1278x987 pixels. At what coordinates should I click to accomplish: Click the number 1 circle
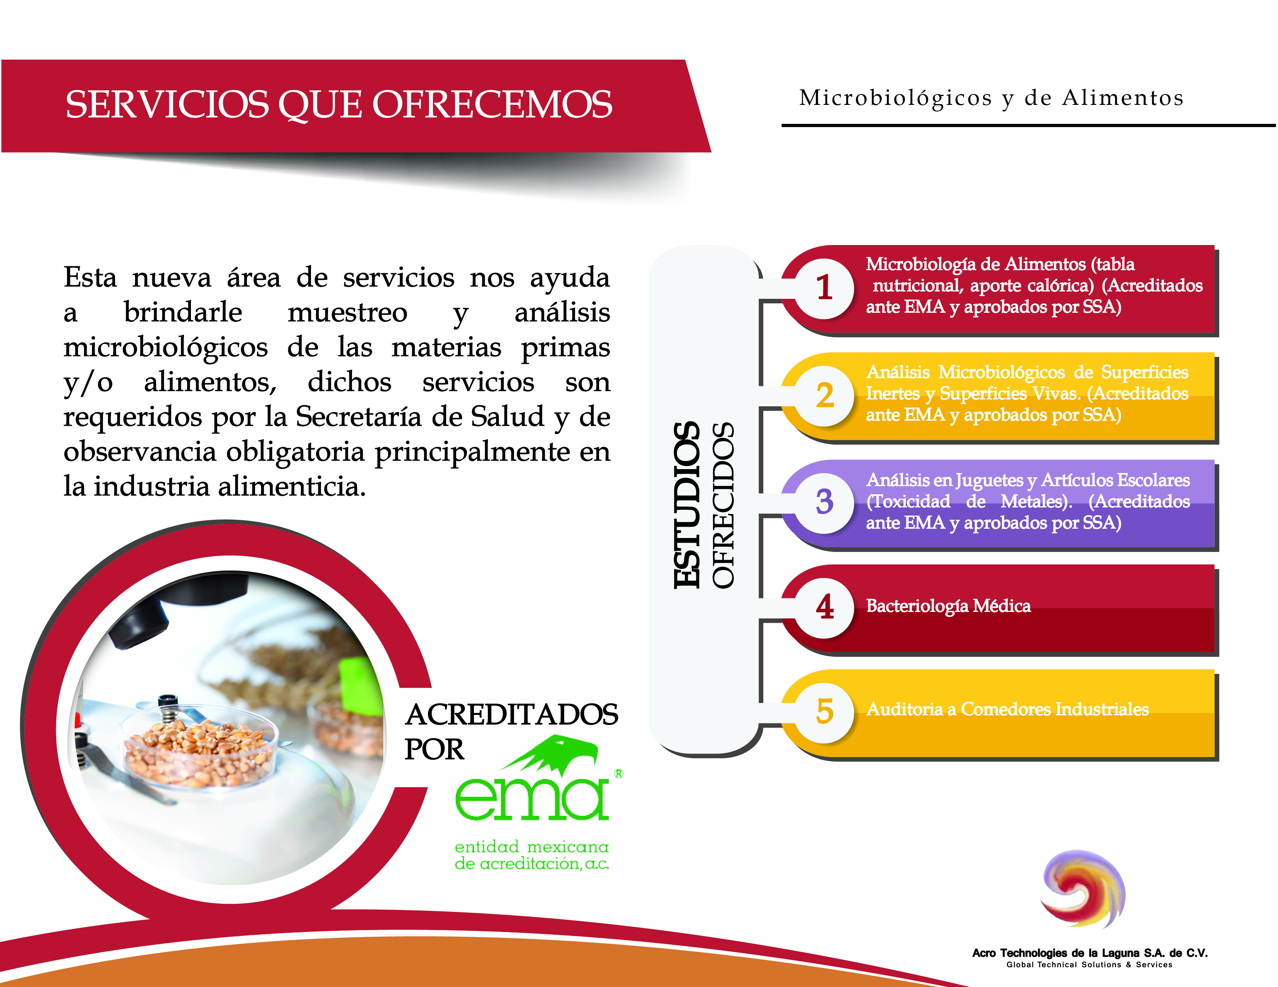click(x=825, y=288)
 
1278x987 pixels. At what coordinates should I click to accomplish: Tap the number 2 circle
click(x=825, y=395)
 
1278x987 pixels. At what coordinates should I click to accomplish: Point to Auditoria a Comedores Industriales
click(x=1007, y=709)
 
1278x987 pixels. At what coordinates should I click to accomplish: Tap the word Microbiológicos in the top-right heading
click(x=895, y=99)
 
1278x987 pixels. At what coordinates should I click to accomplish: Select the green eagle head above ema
click(x=550, y=754)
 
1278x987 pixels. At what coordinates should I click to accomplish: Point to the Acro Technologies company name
click(x=1089, y=953)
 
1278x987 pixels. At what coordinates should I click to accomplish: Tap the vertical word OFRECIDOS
click(x=723, y=505)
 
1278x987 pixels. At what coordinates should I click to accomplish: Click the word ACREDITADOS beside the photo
click(x=512, y=715)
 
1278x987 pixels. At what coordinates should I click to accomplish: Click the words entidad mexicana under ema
click(x=531, y=846)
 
